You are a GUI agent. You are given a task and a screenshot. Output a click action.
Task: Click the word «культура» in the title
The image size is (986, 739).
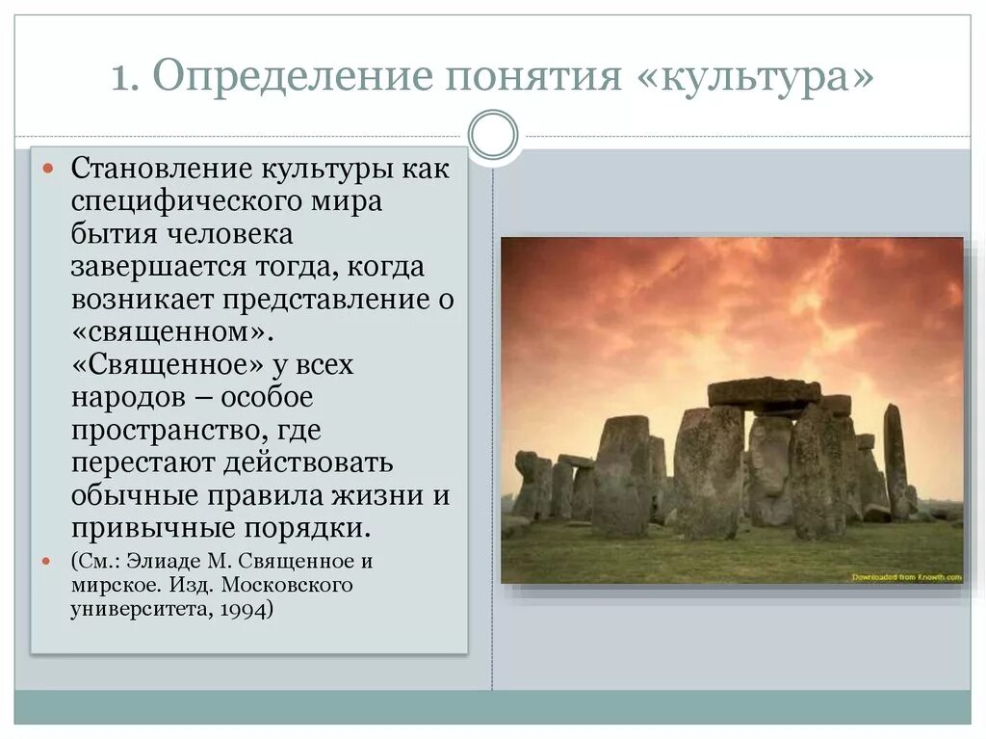755,76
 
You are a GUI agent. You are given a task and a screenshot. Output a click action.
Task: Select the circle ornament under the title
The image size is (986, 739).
492,134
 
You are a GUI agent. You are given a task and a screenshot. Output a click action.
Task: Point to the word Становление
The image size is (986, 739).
159,170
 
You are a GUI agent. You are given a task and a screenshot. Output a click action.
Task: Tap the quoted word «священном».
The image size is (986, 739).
165,332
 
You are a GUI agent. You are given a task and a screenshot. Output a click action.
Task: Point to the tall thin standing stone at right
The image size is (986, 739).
895,460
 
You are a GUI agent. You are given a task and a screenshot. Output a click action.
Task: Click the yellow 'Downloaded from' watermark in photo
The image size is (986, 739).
905,576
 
